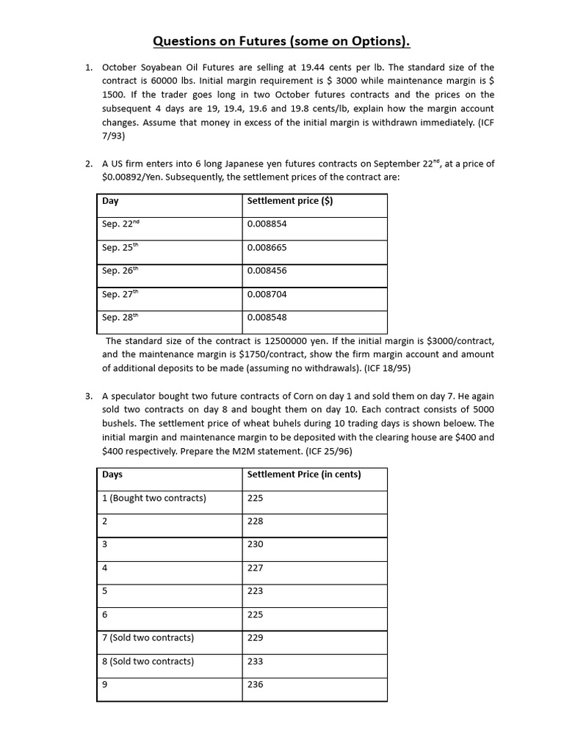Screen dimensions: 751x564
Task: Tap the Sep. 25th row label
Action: click(120, 248)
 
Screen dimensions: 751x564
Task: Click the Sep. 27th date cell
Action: click(120, 294)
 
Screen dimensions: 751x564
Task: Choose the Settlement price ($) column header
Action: click(289, 201)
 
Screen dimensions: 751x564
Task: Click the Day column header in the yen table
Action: click(110, 201)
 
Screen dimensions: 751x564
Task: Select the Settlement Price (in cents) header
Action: click(304, 475)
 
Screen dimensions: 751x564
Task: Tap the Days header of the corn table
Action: click(112, 475)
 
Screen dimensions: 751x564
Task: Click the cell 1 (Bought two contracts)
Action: click(154, 498)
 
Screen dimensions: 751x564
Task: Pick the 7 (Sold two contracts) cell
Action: click(148, 638)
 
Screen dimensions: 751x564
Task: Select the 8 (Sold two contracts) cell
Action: click(148, 662)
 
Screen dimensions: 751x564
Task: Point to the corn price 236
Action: click(255, 685)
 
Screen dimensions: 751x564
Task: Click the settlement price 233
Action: click(255, 662)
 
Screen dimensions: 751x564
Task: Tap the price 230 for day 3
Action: click(255, 545)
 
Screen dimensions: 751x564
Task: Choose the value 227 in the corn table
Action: click(255, 568)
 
